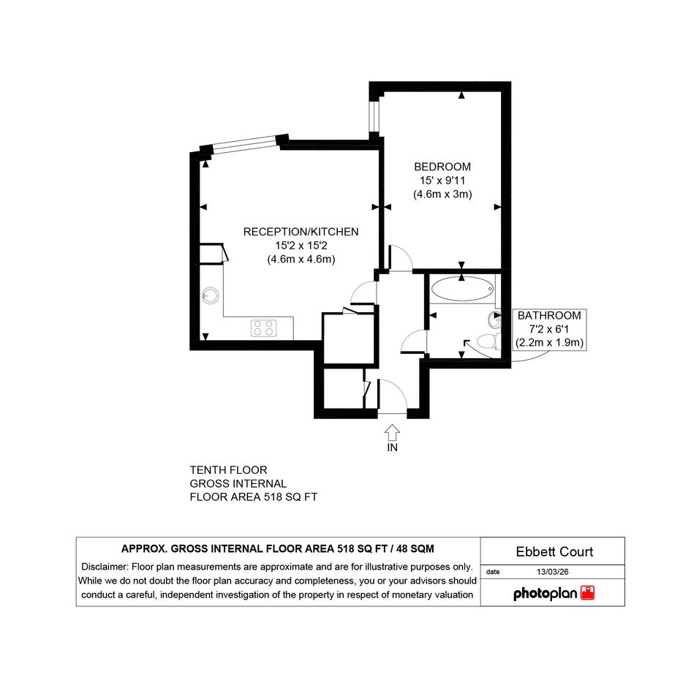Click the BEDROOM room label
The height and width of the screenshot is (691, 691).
pos(442,167)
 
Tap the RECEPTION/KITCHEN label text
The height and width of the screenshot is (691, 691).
pos(301,232)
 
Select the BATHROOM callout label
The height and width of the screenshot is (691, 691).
pos(549,316)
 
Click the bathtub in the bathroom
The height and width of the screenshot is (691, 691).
pos(462,289)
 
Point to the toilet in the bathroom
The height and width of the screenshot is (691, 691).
pos(489,341)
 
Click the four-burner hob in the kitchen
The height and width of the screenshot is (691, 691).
pos(263,328)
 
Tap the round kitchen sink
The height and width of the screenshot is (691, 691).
pos(210,295)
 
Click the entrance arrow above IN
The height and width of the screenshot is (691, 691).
pos(392,432)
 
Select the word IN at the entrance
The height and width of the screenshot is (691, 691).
pos(392,448)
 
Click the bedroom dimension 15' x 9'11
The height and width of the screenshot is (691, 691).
pos(442,180)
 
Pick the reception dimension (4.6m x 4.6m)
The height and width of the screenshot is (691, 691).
pos(301,259)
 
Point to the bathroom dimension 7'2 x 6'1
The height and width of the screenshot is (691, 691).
pos(549,329)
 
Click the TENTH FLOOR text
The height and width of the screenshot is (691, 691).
pos(228,470)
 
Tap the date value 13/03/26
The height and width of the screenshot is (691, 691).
pos(553,572)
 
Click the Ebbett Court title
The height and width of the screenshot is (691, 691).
pos(554,552)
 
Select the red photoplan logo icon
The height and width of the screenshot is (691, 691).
pos(587,593)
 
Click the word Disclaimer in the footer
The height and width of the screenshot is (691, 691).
pos(104,567)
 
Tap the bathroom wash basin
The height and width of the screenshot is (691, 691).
pos(494,320)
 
